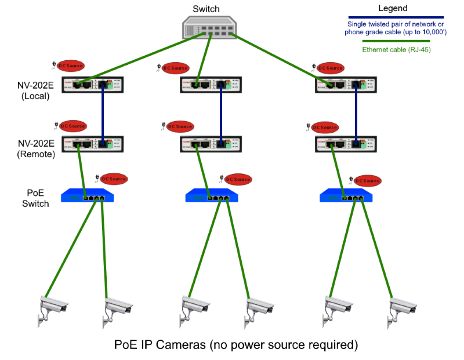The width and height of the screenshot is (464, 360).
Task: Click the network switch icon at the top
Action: pos(208,27)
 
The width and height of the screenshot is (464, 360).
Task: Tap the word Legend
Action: pos(393,9)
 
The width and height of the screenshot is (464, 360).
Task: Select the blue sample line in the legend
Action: pos(396,17)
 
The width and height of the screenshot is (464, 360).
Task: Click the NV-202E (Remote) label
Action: pos(36,149)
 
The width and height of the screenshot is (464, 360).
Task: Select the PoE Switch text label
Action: pos(35,198)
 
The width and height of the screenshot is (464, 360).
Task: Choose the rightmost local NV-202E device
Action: pos(343,85)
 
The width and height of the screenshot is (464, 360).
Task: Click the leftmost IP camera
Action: pos(53,308)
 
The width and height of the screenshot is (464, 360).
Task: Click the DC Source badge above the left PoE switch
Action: pos(114,179)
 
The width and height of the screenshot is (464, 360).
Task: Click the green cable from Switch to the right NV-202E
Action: pos(278,59)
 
